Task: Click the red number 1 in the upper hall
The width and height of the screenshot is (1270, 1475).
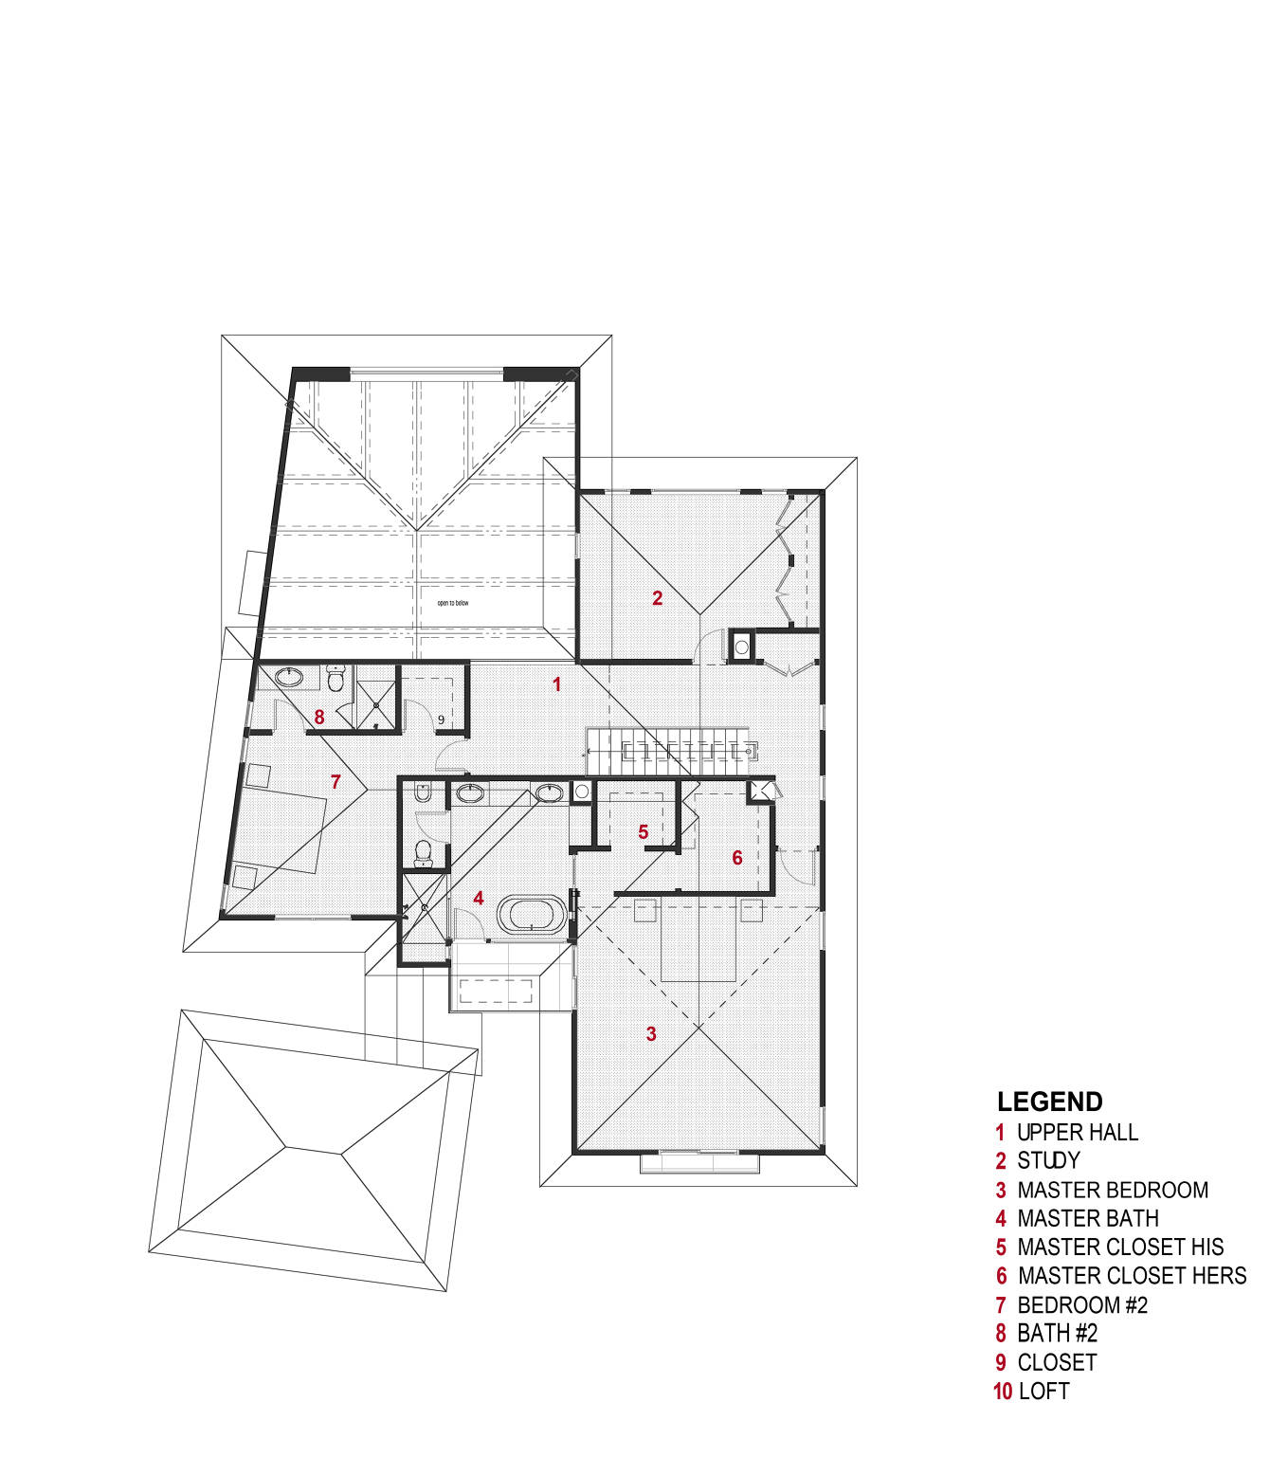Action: pyautogui.click(x=557, y=684)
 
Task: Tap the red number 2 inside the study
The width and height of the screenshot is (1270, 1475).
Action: pyautogui.click(x=657, y=598)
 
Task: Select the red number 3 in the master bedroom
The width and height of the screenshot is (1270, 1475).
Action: pyautogui.click(x=651, y=1034)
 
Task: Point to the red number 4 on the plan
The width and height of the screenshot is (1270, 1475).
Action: pyautogui.click(x=479, y=898)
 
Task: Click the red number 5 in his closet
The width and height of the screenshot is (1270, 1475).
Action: pyautogui.click(x=643, y=832)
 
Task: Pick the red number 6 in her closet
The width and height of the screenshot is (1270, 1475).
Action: pyautogui.click(x=737, y=858)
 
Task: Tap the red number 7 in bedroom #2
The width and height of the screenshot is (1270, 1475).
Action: pyautogui.click(x=336, y=782)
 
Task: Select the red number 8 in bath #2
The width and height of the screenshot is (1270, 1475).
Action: pyautogui.click(x=319, y=718)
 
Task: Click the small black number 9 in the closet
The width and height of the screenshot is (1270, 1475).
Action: pyautogui.click(x=441, y=720)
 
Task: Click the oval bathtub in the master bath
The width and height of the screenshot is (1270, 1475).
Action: pyautogui.click(x=532, y=915)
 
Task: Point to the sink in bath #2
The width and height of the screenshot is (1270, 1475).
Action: pyautogui.click(x=288, y=678)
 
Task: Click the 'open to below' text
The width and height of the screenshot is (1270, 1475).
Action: pyautogui.click(x=452, y=603)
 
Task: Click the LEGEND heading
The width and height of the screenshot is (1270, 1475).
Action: pyautogui.click(x=1049, y=1102)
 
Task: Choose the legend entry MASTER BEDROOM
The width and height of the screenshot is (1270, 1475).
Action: pyautogui.click(x=1113, y=1190)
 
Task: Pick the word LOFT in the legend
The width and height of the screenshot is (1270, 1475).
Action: pyautogui.click(x=1043, y=1392)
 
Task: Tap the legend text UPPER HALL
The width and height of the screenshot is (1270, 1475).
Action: pyautogui.click(x=1078, y=1133)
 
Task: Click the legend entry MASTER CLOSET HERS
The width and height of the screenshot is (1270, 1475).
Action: pyautogui.click(x=1132, y=1276)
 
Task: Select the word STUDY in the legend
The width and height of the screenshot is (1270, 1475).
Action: pyautogui.click(x=1048, y=1161)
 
